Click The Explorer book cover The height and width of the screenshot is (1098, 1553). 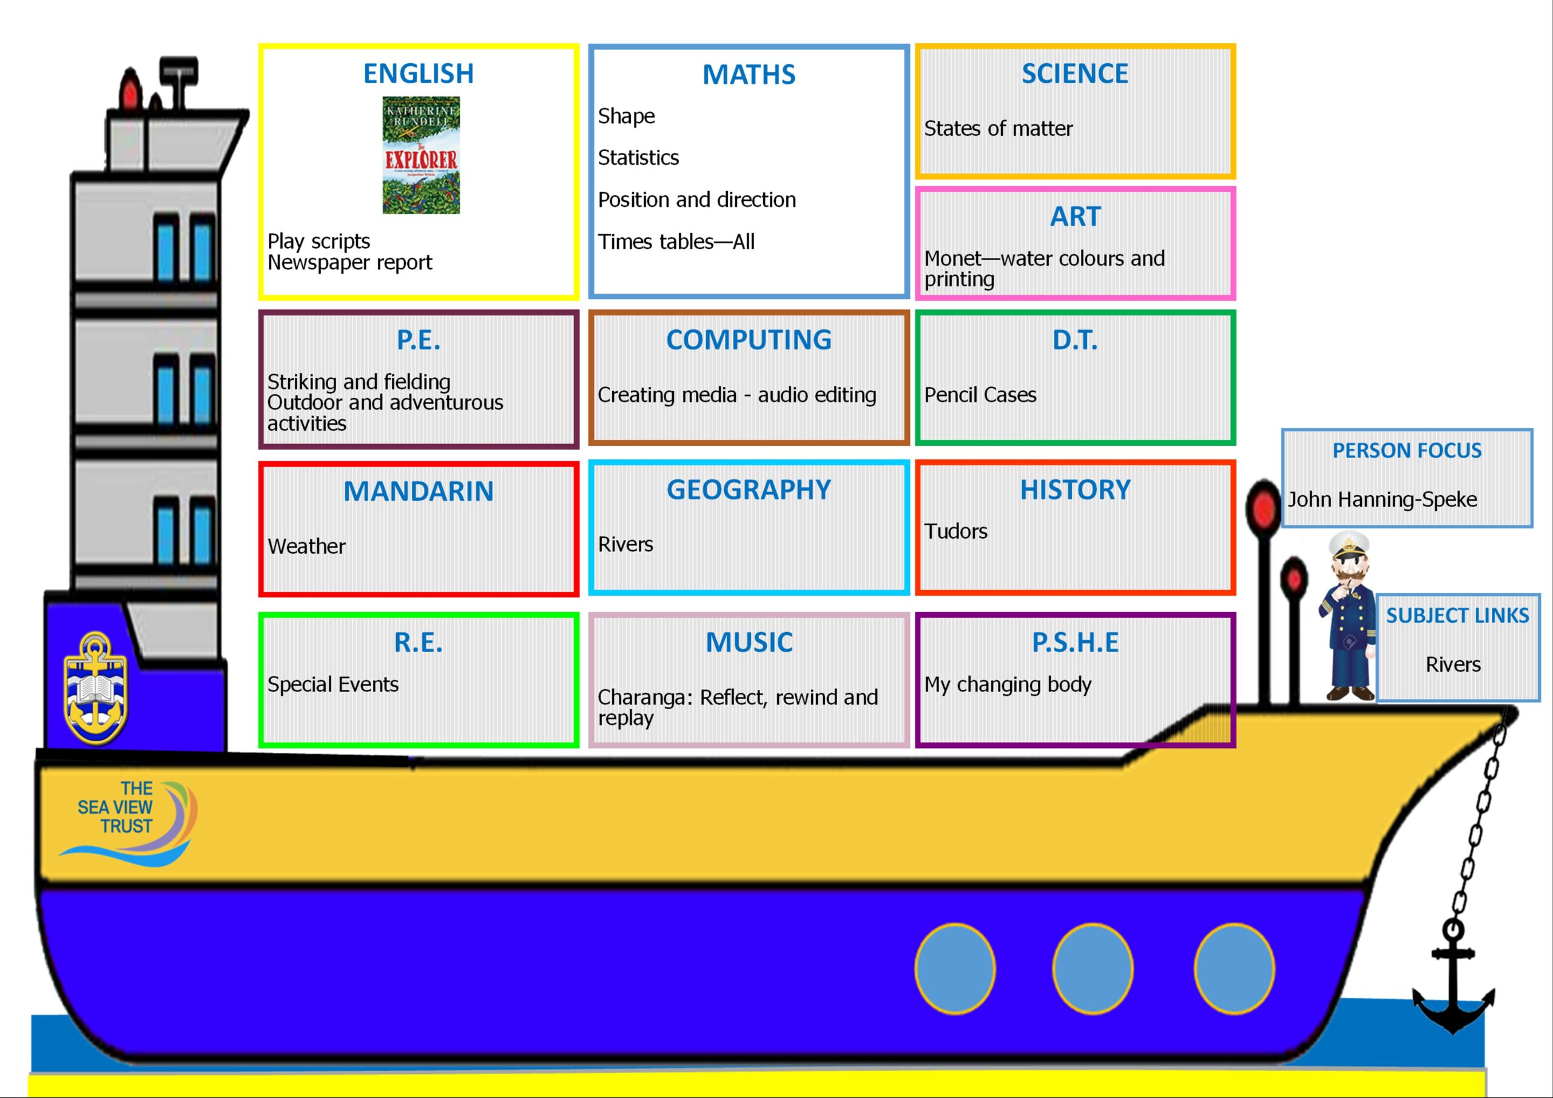click(x=421, y=155)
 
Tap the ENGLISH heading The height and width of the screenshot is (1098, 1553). click(x=418, y=73)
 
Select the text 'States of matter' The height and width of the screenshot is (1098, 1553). click(x=999, y=128)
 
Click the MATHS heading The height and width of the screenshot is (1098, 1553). click(x=749, y=75)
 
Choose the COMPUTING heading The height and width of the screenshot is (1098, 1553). click(x=749, y=340)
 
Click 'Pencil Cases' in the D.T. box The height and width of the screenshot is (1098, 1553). click(x=980, y=394)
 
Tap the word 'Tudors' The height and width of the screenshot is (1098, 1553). click(x=955, y=531)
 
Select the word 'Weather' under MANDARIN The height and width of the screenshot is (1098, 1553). click(x=306, y=546)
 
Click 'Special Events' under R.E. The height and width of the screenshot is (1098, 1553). click(x=333, y=685)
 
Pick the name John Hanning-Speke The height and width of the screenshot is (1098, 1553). click(x=1382, y=499)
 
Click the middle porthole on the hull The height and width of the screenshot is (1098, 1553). click(x=1093, y=969)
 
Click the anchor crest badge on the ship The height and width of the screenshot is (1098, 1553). click(x=95, y=687)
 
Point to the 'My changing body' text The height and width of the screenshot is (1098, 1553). click(x=1008, y=685)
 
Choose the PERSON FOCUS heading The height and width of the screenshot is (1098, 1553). click(x=1407, y=451)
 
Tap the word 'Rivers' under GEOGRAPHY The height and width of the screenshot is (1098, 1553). click(x=625, y=544)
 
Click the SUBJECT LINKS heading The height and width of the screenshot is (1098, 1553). click(x=1458, y=615)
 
